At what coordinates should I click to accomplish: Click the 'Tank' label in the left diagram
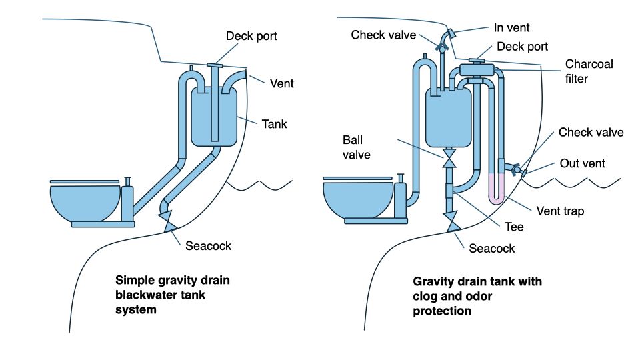[x=274, y=123]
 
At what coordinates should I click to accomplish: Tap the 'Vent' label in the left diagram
[x=281, y=83]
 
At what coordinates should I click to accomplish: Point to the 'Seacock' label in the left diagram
[x=209, y=245]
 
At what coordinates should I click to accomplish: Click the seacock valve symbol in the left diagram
[x=166, y=217]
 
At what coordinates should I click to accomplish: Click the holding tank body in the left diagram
[x=215, y=116]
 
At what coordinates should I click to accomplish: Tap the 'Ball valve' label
[x=357, y=148]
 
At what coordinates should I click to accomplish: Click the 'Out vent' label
[x=582, y=163]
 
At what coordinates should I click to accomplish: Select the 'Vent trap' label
[x=560, y=211]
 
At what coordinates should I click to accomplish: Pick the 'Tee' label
[x=514, y=227]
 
